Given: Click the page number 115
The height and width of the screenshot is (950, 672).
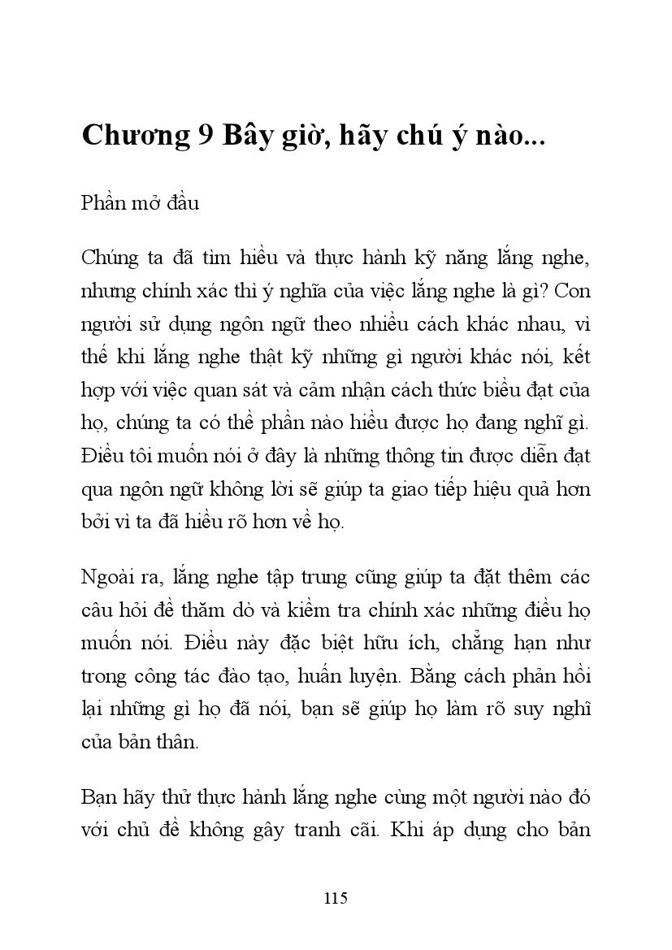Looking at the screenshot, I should pos(336,898).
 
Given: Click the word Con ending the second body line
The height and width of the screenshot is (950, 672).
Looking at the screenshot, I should pos(571,291).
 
